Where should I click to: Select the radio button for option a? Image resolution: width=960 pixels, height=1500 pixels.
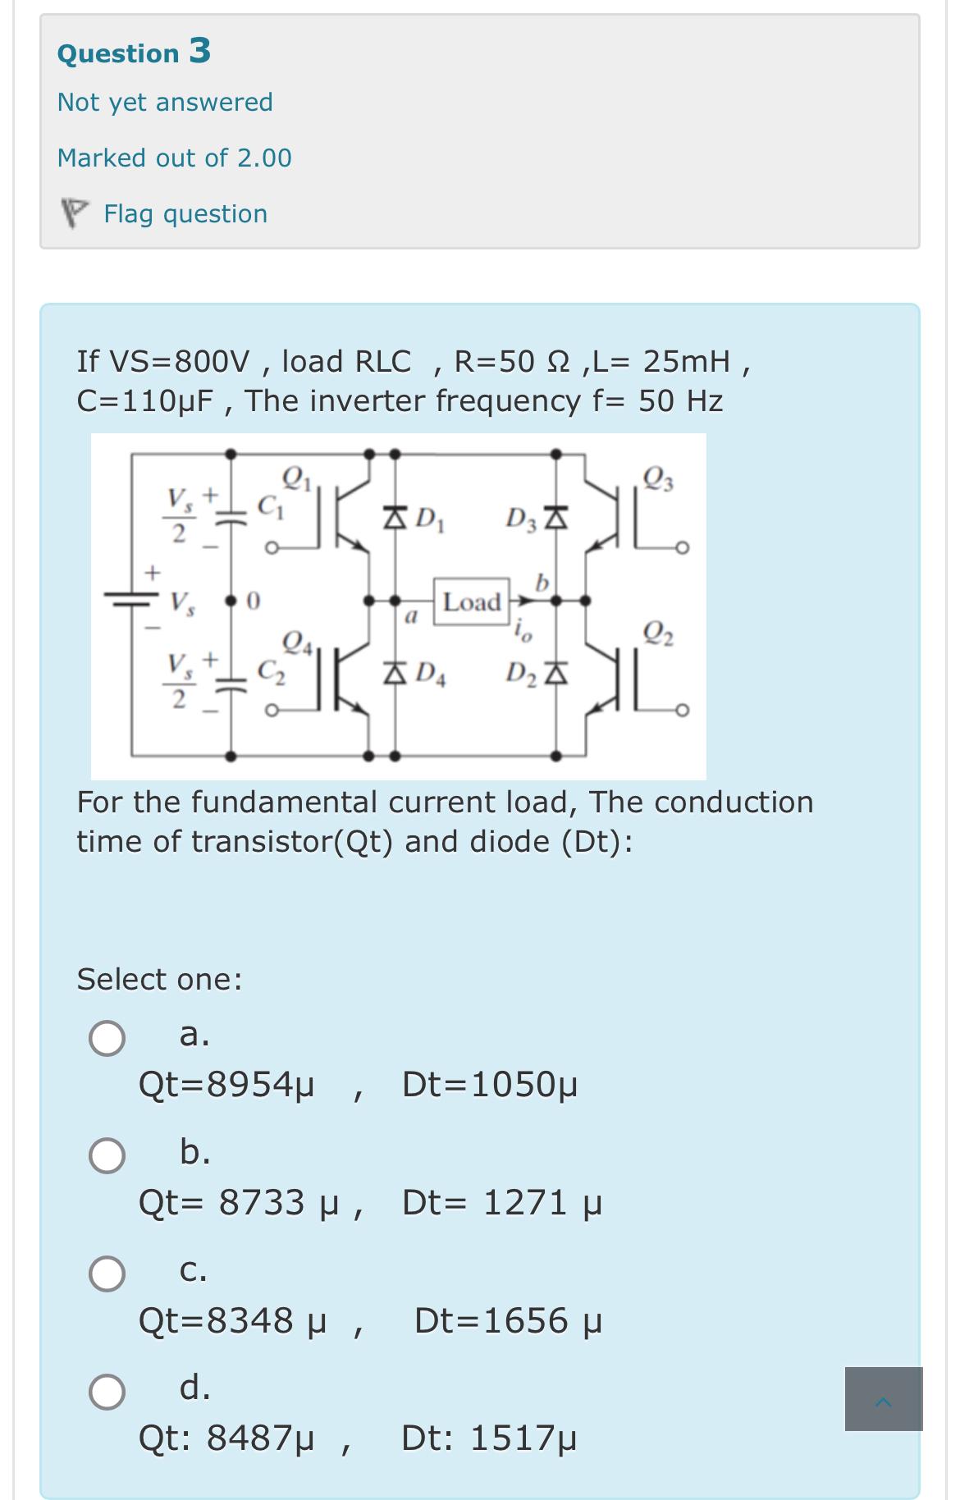pyautogui.click(x=107, y=1038)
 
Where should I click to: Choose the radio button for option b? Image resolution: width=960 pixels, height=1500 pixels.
pyautogui.click(x=107, y=1155)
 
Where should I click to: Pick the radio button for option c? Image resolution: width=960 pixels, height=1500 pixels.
pyautogui.click(x=107, y=1274)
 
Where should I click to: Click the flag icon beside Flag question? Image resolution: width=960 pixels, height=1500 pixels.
pyautogui.click(x=74, y=214)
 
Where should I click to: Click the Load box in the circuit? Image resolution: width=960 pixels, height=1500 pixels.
pyautogui.click(x=472, y=602)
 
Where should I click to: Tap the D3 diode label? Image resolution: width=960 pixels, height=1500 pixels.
pyautogui.click(x=522, y=519)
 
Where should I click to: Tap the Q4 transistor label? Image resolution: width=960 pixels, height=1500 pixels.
pyautogui.click(x=296, y=640)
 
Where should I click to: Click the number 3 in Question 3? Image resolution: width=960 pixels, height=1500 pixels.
pyautogui.click(x=200, y=51)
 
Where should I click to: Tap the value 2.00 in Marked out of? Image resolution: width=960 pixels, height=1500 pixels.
pyautogui.click(x=264, y=158)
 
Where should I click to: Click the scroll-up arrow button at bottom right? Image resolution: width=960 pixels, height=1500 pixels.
pyautogui.click(x=883, y=1399)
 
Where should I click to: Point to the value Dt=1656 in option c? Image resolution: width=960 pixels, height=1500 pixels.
pyautogui.click(x=508, y=1321)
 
